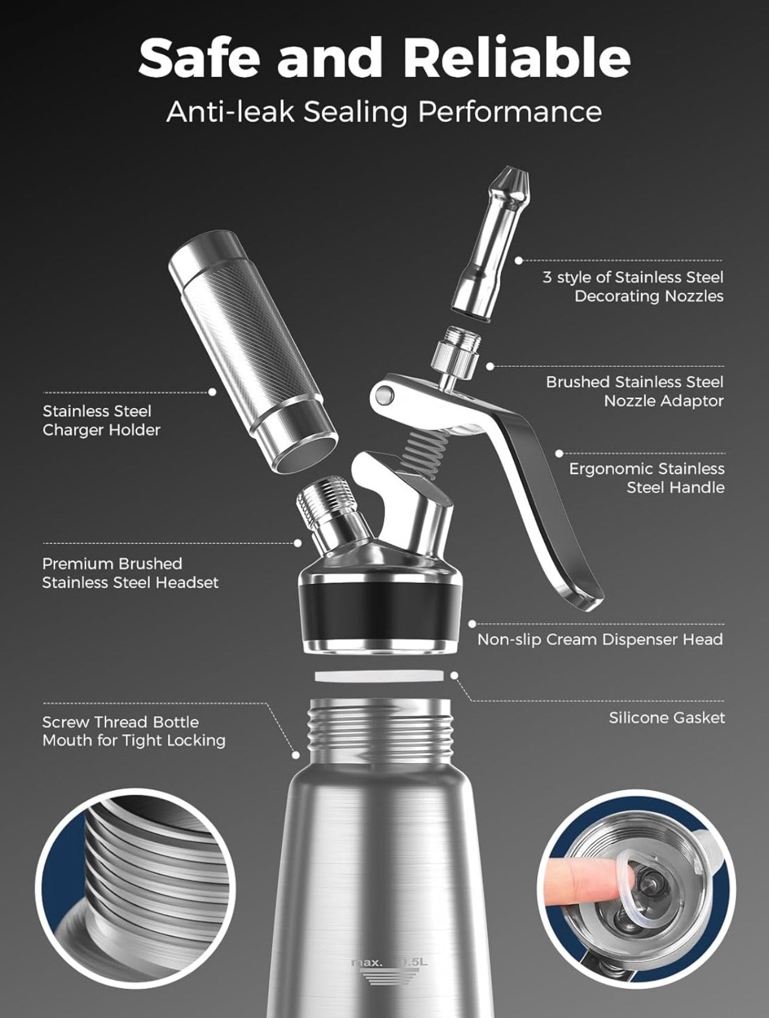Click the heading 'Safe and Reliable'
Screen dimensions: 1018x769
(x=384, y=57)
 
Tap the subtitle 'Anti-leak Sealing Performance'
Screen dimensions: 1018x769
(x=384, y=112)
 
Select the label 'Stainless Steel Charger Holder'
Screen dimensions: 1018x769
(x=101, y=420)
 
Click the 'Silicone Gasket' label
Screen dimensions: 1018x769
(x=666, y=717)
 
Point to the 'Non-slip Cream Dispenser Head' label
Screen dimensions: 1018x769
(x=600, y=639)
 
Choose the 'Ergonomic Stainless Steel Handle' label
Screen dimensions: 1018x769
(x=646, y=478)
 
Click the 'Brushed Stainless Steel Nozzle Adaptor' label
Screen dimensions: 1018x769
(x=634, y=391)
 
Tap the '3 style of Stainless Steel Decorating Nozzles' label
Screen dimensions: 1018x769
(x=632, y=286)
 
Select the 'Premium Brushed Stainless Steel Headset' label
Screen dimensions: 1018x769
(x=130, y=573)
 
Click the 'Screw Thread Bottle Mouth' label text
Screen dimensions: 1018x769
(x=134, y=731)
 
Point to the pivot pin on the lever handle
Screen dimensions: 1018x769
(x=385, y=394)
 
